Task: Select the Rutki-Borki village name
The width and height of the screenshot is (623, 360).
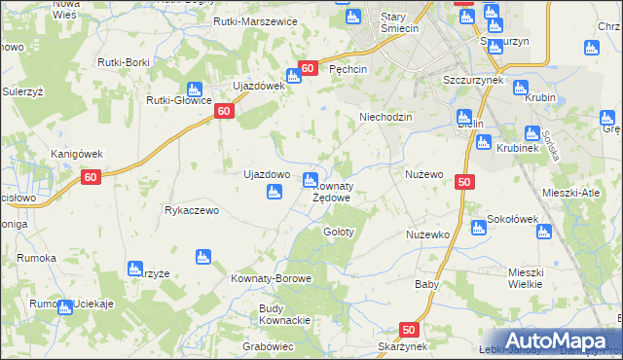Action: [x=123, y=61]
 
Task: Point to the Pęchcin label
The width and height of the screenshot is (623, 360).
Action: [x=348, y=70]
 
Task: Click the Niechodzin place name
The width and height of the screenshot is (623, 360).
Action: [x=386, y=117]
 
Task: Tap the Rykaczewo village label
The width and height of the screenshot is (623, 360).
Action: [x=197, y=210]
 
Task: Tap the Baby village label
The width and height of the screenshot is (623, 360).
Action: [x=427, y=285]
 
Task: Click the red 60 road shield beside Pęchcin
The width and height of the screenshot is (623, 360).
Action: [x=308, y=68]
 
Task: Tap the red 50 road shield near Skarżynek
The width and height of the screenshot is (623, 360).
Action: [x=409, y=330]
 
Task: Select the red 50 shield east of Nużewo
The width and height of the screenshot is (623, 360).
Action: [x=464, y=181]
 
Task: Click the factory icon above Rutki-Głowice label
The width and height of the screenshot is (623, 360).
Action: [x=195, y=89]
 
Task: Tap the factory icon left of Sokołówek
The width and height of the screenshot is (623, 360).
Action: [x=478, y=228]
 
